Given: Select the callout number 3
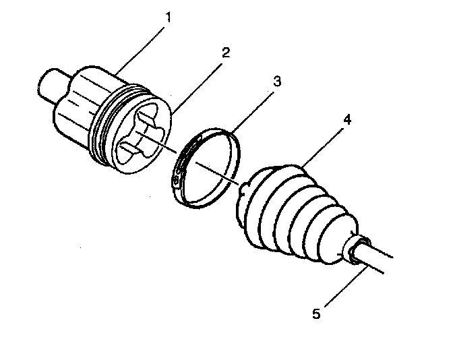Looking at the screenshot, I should coord(277,81).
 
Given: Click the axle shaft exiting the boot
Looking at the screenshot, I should coord(377,260).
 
